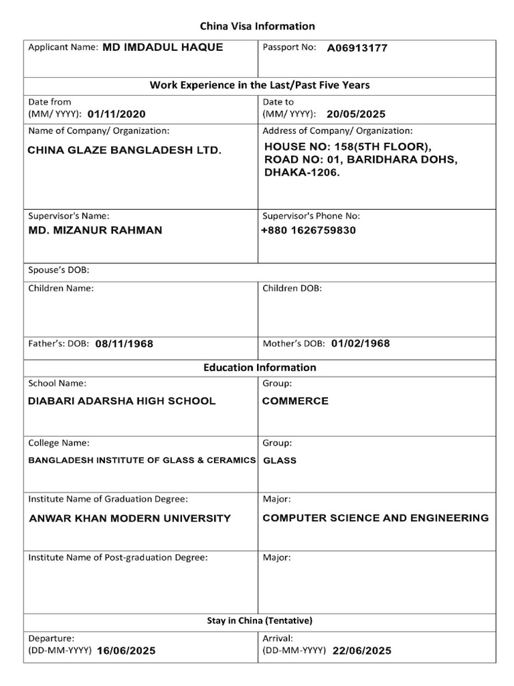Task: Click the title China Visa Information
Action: (x=258, y=26)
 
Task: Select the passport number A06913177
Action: (x=357, y=48)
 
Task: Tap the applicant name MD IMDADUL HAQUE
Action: (x=163, y=48)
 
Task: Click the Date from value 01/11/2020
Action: (x=116, y=114)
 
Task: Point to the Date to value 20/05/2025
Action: (x=356, y=114)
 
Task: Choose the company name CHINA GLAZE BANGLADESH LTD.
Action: (x=124, y=151)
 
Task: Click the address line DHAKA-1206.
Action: (x=303, y=173)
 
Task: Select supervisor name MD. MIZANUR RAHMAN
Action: (x=95, y=230)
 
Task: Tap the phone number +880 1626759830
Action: (x=309, y=230)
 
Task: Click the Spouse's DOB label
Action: (x=59, y=270)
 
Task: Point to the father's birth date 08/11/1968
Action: (x=124, y=344)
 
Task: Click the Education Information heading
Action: (x=260, y=367)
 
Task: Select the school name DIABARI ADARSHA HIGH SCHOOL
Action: (x=122, y=401)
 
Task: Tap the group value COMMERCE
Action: (x=295, y=401)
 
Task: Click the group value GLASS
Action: (x=280, y=461)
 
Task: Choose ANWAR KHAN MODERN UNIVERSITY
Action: (x=131, y=519)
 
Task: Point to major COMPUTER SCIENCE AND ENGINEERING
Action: (x=375, y=518)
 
